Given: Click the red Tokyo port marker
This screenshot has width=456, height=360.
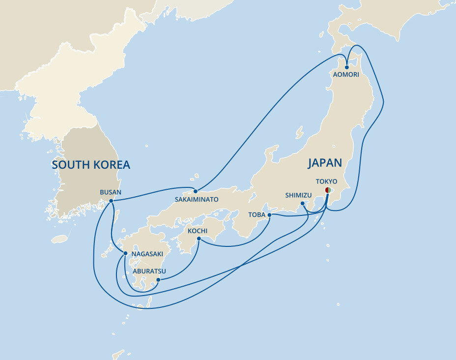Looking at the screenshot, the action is coord(328,191).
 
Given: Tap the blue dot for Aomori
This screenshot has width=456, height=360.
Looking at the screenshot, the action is coord(347,67).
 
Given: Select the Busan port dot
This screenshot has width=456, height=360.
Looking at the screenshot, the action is coord(111,201).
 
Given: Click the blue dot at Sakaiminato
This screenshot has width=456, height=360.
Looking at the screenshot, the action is coord(196,191).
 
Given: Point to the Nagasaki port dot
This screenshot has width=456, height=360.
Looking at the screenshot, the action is coord(126,253).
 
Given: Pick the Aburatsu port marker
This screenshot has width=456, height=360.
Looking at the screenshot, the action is coord(158,280).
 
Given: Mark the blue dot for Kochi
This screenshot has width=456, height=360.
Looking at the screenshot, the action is coord(199,239).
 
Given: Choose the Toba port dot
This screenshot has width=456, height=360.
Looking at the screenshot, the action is coord(269,214).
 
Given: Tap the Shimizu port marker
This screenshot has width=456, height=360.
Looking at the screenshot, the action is coord(302,203).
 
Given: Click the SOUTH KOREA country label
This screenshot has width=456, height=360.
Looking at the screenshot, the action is coord(91,165).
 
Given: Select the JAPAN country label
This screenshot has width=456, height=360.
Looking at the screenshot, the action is coord(325,163).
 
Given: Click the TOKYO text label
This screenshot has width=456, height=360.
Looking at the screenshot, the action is coord(326,181).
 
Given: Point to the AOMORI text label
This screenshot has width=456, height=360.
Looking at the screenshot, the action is coord(346,75).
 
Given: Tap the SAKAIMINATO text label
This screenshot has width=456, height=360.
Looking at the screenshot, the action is coord(197,200).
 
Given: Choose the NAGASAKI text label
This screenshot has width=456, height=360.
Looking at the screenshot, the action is coord(147,254).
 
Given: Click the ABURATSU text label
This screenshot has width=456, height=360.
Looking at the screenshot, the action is coord(149,271).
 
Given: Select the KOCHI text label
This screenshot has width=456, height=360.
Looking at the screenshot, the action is coord(198,231).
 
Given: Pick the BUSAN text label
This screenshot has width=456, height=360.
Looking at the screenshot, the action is coord(110,192).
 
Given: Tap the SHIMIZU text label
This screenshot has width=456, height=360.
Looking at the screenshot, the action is coord(298,195).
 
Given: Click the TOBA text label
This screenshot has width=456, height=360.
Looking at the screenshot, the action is coord(257,215).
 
